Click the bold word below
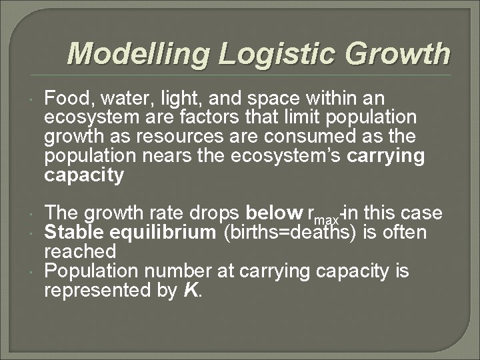[x=271, y=213]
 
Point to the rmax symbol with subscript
[x=323, y=215]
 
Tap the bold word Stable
[x=71, y=232]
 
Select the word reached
[x=80, y=251]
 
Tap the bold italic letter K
[x=189, y=290]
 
